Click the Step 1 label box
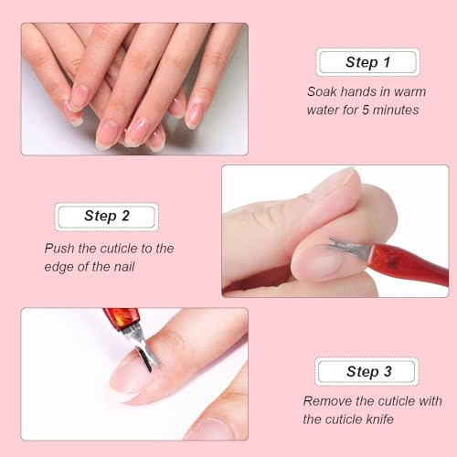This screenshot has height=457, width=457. pos(367,62)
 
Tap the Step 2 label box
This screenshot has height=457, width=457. pos(106,217)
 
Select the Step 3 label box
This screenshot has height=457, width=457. pos(367,371)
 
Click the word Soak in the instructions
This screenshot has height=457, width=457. pos(323,91)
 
